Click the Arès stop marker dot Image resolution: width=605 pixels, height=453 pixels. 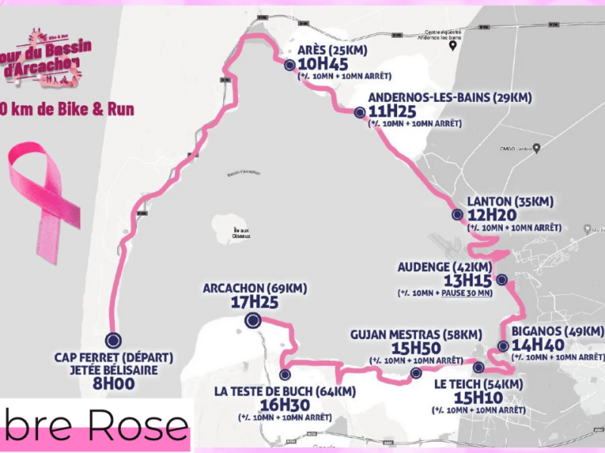pyautogui.click(x=289, y=65)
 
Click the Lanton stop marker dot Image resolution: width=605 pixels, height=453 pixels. pyautogui.click(x=457, y=215)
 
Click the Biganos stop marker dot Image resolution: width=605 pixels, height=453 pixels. pyautogui.click(x=503, y=347)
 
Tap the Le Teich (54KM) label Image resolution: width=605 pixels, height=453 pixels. pyautogui.click(x=478, y=384)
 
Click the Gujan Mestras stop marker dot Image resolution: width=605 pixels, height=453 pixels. pyautogui.click(x=415, y=374)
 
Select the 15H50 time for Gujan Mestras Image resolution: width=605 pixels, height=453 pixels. pyautogui.click(x=417, y=348)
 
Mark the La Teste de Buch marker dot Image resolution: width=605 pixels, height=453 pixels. pyautogui.click(x=285, y=374)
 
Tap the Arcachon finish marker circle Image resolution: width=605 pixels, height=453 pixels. pyautogui.click(x=252, y=322)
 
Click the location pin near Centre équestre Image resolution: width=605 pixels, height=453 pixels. pyautogui.click(x=452, y=45)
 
